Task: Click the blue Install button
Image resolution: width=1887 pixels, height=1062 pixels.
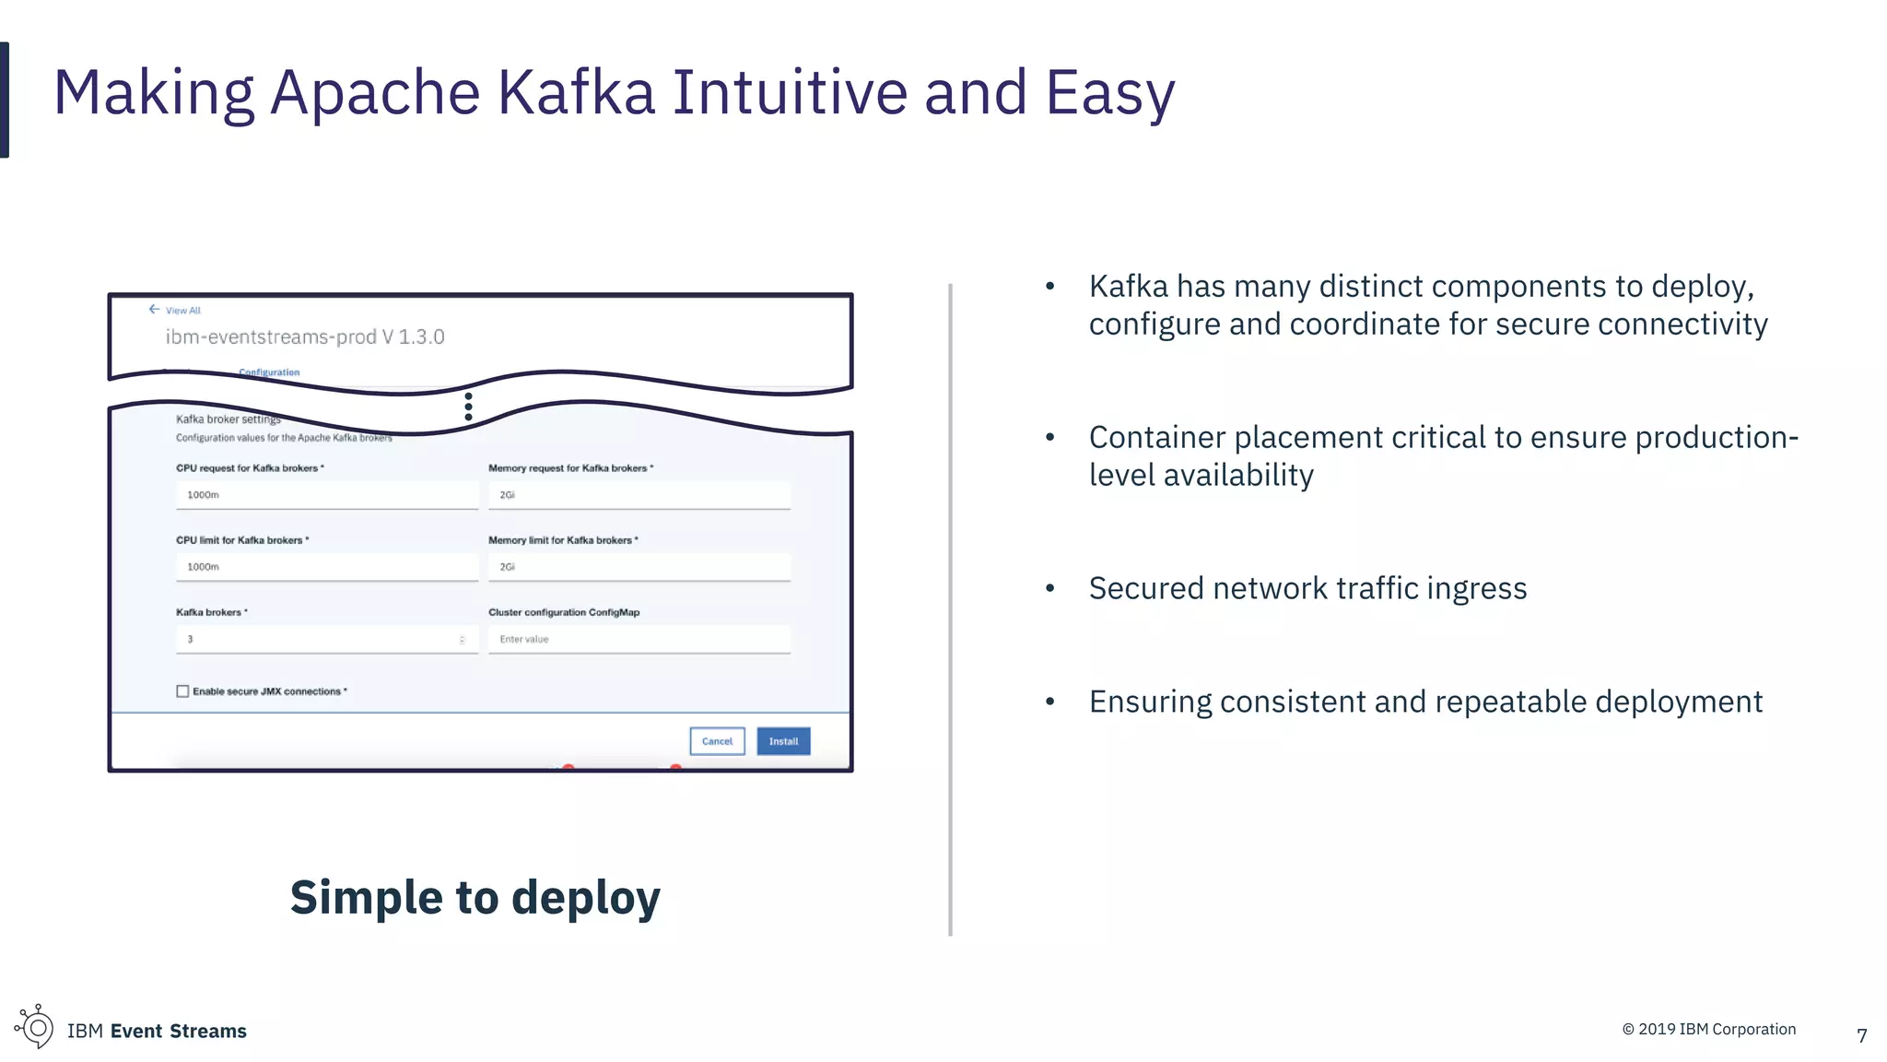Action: (x=783, y=741)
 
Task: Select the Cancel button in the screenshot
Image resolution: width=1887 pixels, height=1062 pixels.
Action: (x=717, y=741)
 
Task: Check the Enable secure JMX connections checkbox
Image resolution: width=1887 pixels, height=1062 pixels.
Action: (x=182, y=691)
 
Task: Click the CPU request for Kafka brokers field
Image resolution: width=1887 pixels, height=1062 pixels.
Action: (x=327, y=495)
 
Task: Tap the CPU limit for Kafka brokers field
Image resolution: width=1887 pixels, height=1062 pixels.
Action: (x=327, y=567)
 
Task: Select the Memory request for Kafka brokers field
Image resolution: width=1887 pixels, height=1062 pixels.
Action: (x=639, y=495)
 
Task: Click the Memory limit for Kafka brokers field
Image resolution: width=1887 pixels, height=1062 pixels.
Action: (x=639, y=567)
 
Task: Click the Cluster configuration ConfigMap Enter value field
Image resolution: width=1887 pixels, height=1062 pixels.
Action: (x=639, y=639)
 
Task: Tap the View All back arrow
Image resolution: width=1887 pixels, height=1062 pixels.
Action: (x=154, y=310)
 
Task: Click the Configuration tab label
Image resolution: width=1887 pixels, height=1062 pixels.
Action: (x=269, y=372)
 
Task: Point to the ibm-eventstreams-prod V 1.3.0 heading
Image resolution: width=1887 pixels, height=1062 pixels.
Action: (x=305, y=337)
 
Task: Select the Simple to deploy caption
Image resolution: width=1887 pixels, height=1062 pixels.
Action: (x=475, y=898)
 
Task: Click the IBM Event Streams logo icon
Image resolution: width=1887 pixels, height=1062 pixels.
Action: (x=35, y=1027)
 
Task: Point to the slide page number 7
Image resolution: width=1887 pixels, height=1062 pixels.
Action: (x=1861, y=1036)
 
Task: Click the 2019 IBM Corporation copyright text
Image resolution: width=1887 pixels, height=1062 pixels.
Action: (x=1708, y=1030)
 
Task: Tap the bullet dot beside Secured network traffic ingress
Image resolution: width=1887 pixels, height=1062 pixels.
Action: (x=1049, y=588)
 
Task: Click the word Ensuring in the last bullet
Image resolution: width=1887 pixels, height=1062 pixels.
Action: (x=1149, y=702)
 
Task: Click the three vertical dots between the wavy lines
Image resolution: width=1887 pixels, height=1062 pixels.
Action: (x=469, y=407)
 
